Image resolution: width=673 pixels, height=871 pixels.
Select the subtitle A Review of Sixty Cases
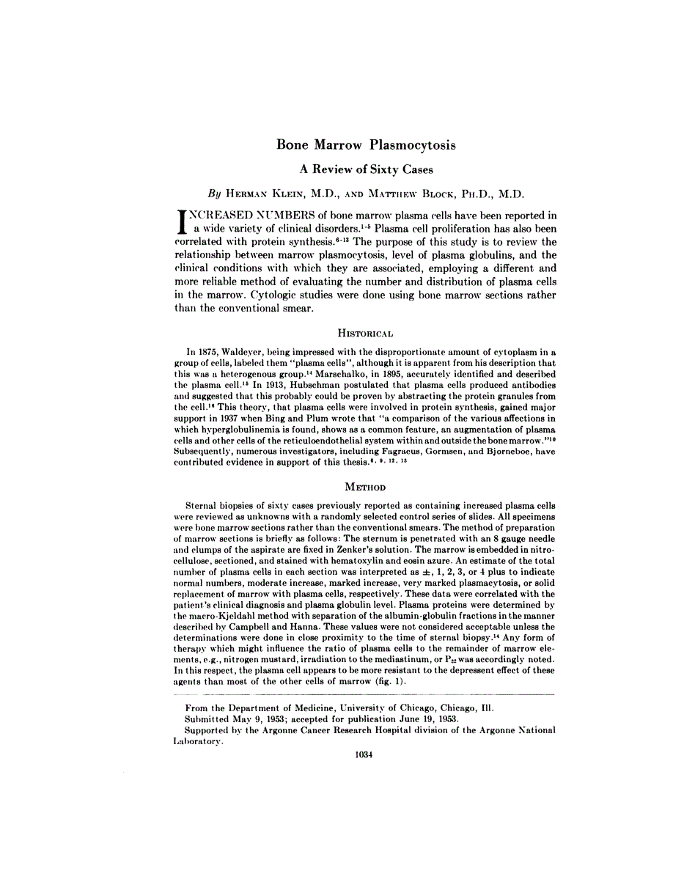coord(367,169)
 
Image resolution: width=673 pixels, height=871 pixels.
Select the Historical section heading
coord(365,330)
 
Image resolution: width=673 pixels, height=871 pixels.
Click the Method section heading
coord(365,486)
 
